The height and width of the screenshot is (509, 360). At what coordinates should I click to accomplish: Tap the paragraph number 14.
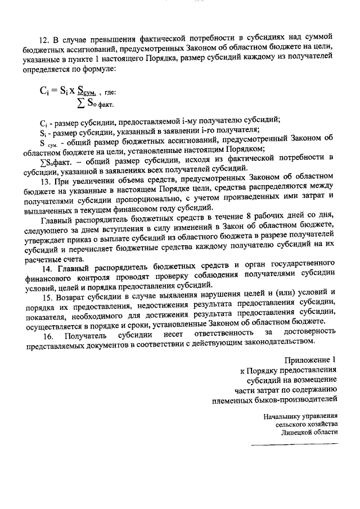(x=44, y=263)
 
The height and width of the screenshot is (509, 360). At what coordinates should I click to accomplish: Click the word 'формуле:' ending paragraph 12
(x=99, y=69)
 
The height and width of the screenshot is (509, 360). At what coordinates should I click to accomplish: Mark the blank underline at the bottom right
(x=294, y=445)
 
